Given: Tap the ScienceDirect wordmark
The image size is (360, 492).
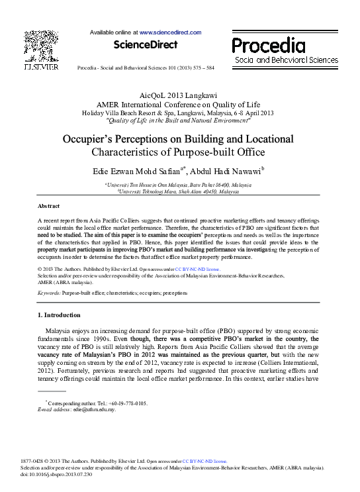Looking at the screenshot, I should pos(146,45).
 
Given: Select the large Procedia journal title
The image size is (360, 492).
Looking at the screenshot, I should pos(268,45).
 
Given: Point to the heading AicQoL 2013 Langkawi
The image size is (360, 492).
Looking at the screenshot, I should pos(179,96).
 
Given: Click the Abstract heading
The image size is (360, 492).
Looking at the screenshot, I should pos(48,206).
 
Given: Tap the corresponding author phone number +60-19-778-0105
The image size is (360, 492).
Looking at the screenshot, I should pos(128,403).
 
